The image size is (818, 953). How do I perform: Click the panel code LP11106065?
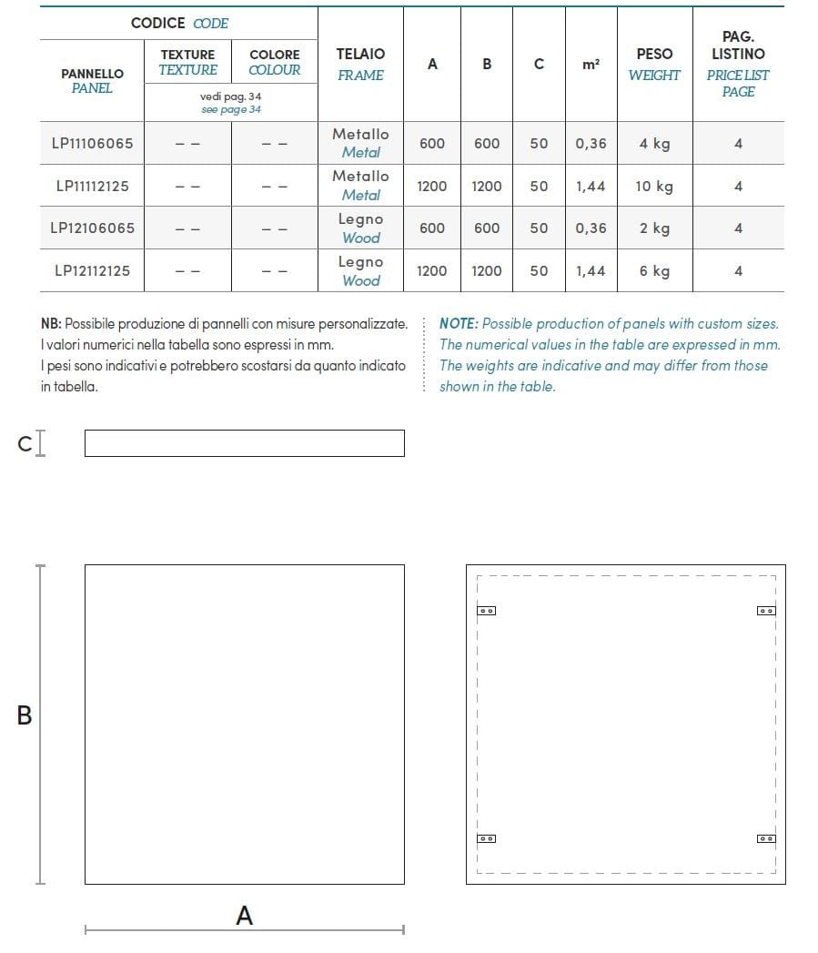coord(92,144)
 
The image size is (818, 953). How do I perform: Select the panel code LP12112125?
coord(92,271)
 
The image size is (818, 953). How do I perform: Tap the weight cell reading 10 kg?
coord(654,187)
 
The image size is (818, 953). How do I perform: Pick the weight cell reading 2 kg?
coord(654,228)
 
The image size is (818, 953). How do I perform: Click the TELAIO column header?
coord(360,55)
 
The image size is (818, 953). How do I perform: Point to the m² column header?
coord(591,65)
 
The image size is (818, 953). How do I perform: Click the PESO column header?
coord(654,55)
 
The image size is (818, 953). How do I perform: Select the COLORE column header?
coord(274,55)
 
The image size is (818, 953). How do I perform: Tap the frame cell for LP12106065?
coord(360,228)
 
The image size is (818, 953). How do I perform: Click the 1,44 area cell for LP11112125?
coord(591,187)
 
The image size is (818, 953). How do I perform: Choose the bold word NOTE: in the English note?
coord(459,324)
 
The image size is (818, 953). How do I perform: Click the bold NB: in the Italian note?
coord(51,324)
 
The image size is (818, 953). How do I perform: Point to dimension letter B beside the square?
coord(25,716)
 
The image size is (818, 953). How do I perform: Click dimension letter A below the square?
coord(244,916)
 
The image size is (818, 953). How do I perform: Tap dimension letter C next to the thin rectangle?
coord(25,444)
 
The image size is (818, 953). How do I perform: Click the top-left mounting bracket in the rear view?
coord(487,611)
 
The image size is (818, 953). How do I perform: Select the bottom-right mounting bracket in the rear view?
coord(766,838)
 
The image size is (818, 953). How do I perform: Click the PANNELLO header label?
coord(92,74)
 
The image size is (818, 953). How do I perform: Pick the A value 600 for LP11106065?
coord(432,144)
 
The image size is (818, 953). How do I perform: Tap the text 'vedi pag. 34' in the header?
coord(231,96)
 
